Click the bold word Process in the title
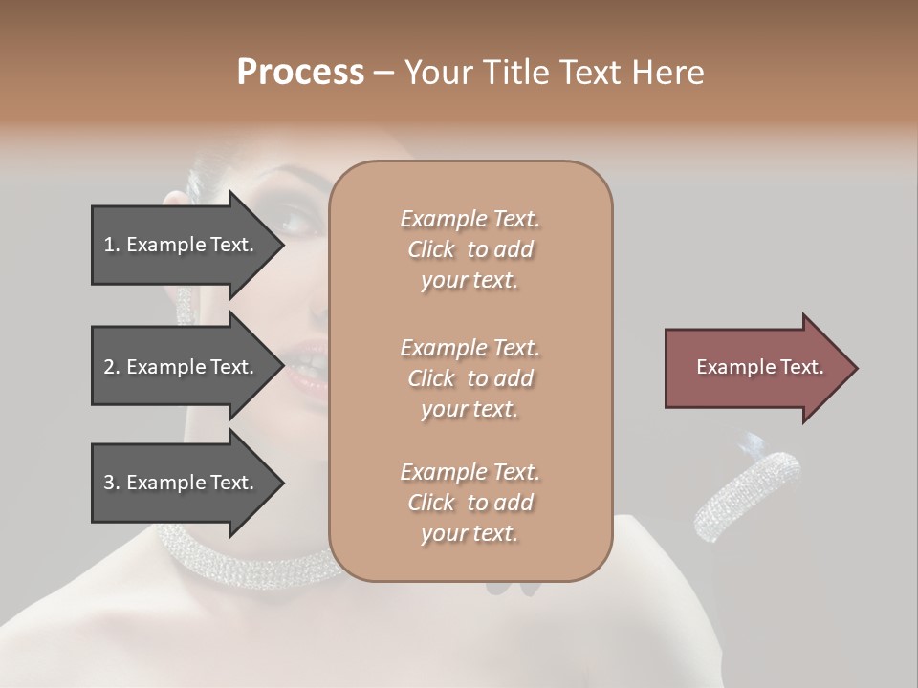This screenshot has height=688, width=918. click(300, 73)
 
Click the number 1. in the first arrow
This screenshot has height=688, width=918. click(112, 245)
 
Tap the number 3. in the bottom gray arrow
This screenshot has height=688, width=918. click(112, 483)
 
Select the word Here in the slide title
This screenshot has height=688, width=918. click(669, 73)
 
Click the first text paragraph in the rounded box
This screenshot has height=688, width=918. click(470, 249)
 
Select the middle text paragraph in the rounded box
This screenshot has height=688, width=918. click(470, 378)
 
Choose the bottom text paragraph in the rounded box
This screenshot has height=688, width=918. click(470, 503)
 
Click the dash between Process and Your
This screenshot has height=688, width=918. click(384, 73)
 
